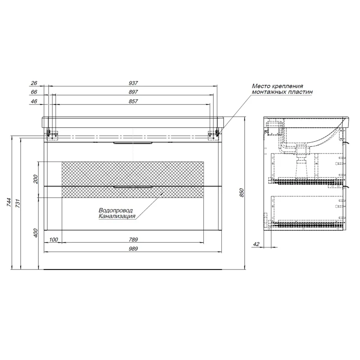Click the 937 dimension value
click(x=133, y=83)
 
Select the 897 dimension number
click(x=133, y=92)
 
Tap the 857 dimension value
click(x=133, y=101)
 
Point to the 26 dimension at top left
click(x=34, y=83)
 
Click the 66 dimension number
click(x=34, y=92)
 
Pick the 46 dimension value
click(x=34, y=101)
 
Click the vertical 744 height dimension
click(x=9, y=202)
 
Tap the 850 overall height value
click(x=241, y=193)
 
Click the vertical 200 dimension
click(x=36, y=179)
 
